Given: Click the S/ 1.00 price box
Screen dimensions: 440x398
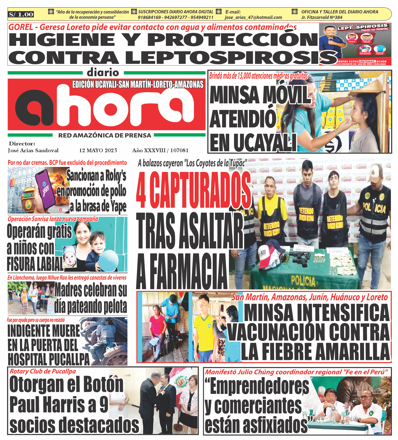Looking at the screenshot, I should pos(21,14).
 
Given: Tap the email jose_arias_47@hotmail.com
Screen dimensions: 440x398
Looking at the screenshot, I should pos(253,17).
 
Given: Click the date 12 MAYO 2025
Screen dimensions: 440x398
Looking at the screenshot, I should pos(98,150).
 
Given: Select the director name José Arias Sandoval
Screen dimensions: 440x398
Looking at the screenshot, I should pos(33,150).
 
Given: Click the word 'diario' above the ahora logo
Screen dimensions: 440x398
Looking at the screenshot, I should pos(103,73).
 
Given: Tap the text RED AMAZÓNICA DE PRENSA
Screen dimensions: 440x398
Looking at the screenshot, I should pos(105,136).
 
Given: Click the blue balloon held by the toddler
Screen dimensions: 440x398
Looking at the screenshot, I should pos(108,261).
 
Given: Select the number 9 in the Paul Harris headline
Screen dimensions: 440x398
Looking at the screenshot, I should pos(104,405).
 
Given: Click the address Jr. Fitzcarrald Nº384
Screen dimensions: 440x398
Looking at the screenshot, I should pos(322,17).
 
